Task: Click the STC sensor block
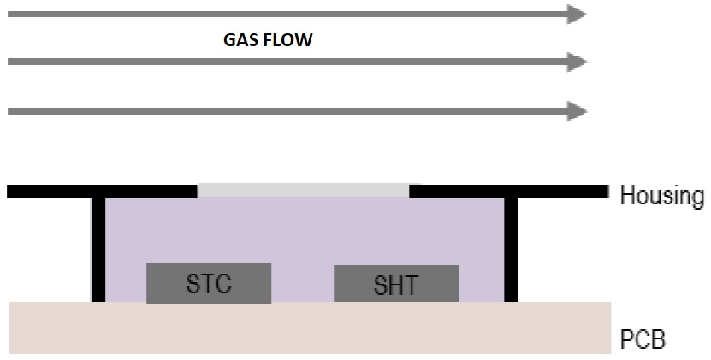click(209, 283)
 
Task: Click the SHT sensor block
click(396, 284)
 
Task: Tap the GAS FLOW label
click(268, 40)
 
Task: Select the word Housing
click(662, 196)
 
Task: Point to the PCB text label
click(643, 339)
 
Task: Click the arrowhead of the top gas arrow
click(578, 14)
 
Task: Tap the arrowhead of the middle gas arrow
click(578, 62)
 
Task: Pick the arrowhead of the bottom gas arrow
click(578, 111)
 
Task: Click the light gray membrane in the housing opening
click(304, 191)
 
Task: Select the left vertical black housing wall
click(98, 250)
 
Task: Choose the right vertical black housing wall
click(511, 250)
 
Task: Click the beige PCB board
click(311, 328)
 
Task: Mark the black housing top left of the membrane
click(102, 192)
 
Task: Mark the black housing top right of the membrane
click(509, 192)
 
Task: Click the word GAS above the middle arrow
click(240, 40)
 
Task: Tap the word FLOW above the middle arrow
click(288, 40)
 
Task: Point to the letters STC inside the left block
click(209, 283)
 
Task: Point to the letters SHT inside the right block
click(396, 286)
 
